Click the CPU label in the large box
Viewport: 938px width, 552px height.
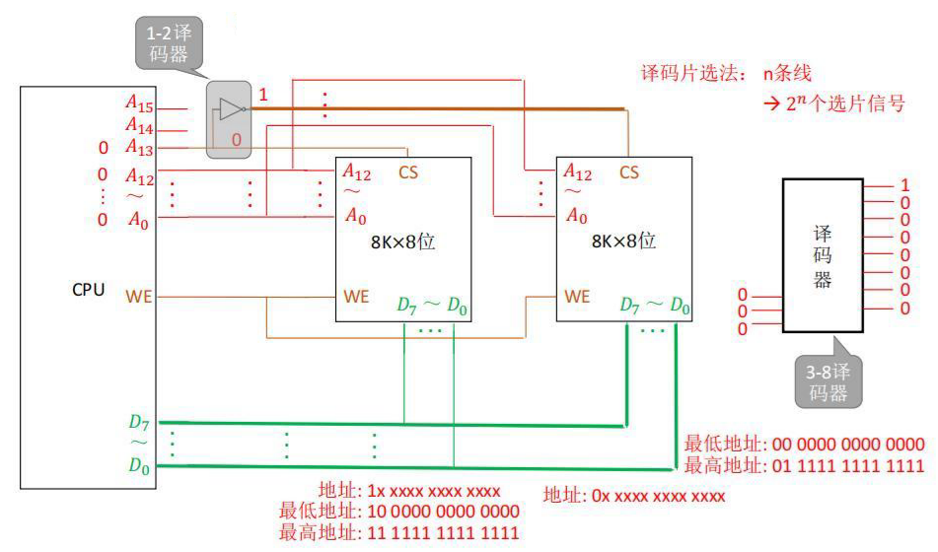click(88, 290)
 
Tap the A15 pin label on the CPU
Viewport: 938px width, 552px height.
click(139, 103)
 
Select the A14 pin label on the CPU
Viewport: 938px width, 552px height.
click(139, 125)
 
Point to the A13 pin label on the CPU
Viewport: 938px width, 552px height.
click(139, 147)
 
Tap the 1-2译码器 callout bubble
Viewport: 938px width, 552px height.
click(169, 43)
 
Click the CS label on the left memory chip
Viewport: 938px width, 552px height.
click(408, 172)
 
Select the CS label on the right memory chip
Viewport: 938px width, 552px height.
click(628, 172)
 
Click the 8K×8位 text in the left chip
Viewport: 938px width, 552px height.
click(402, 241)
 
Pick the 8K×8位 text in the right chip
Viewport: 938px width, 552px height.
click(623, 241)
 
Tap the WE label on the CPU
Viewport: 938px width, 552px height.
click(138, 297)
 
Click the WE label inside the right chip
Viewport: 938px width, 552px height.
click(577, 297)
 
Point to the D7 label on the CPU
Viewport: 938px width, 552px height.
click(139, 422)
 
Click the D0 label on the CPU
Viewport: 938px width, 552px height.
click(139, 465)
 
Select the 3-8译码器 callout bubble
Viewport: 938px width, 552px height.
click(828, 381)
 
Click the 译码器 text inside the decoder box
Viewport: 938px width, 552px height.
click(823, 256)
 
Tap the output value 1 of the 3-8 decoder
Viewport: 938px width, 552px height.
click(905, 184)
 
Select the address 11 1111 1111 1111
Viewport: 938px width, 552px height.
click(443, 532)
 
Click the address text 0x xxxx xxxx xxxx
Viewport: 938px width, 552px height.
click(658, 496)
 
